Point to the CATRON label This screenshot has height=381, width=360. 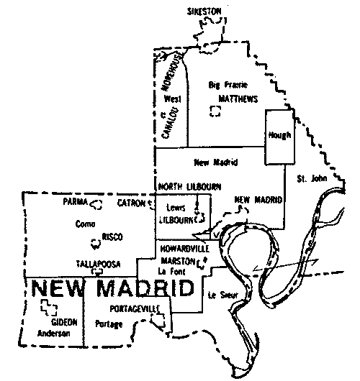pos(132,203)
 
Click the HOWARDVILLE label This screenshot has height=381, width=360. pos(185,249)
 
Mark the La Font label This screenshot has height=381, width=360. pos(170,270)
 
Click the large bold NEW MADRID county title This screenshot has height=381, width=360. pos(113,289)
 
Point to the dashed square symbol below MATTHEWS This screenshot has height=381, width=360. pos(213,111)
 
